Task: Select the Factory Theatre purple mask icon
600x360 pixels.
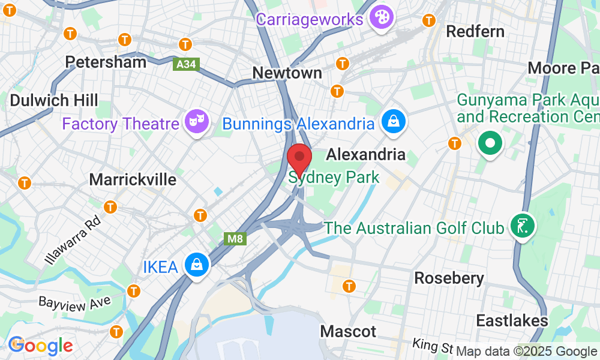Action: tap(197, 122)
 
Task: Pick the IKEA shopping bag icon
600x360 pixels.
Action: tap(196, 265)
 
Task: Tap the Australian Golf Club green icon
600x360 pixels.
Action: tap(520, 227)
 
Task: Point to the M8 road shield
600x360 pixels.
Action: tap(235, 239)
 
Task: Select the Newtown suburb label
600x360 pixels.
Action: tap(287, 73)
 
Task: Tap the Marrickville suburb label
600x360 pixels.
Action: tap(133, 179)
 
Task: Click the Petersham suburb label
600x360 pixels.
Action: tap(106, 62)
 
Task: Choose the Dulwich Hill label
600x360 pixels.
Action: tap(53, 100)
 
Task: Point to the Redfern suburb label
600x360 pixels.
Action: tap(476, 32)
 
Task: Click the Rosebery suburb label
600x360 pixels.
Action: tap(449, 278)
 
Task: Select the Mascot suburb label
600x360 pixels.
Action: tap(348, 331)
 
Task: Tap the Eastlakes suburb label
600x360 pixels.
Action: tap(512, 320)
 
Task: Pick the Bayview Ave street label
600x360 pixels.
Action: tap(75, 300)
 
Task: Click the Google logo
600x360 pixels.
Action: tap(41, 345)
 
